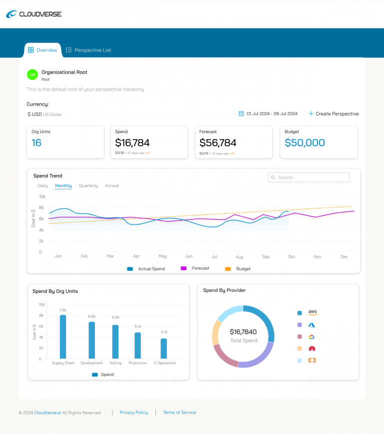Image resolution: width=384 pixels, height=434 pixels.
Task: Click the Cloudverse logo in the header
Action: [x=33, y=14]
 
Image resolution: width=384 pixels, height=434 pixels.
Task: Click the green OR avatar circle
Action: [x=32, y=74]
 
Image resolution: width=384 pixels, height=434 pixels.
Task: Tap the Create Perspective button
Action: [x=333, y=113]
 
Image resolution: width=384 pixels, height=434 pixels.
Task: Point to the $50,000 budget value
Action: [x=304, y=142]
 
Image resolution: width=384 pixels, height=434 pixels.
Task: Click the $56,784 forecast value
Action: [x=218, y=143]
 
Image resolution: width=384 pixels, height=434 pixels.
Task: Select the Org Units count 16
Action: [x=36, y=142]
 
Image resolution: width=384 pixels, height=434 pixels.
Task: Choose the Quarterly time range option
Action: [x=88, y=185]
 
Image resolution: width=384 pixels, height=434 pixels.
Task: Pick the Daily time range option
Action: [x=43, y=185]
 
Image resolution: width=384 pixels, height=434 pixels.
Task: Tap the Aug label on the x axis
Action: [x=239, y=256]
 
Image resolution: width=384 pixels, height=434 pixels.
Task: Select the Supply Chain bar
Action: [x=63, y=336]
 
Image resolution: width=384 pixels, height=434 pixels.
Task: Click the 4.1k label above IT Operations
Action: [x=164, y=332]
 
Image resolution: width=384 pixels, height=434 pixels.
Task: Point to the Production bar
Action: [x=137, y=345]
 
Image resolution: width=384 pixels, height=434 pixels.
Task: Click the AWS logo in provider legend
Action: [x=312, y=312]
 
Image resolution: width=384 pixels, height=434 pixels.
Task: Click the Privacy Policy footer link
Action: [x=133, y=412]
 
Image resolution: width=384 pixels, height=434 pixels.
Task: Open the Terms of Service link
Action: [x=179, y=412]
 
